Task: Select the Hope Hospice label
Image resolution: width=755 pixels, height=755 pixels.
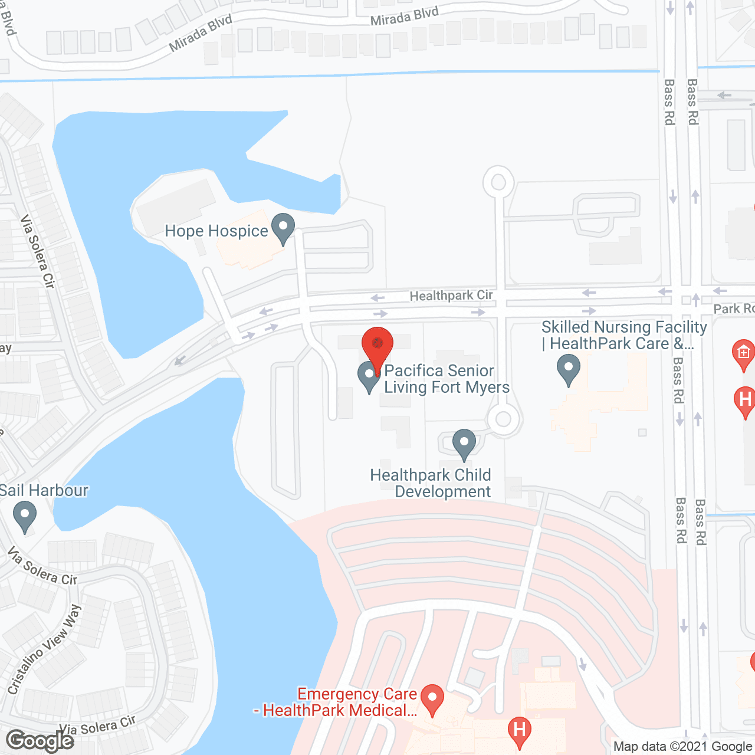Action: tap(216, 231)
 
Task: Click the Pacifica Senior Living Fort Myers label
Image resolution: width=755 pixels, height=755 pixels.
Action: tap(447, 379)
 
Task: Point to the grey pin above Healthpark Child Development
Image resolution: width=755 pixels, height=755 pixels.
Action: tap(464, 444)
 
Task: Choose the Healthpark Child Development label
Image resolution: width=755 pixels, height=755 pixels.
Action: tap(431, 483)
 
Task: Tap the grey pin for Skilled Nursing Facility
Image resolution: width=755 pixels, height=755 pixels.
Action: tap(569, 369)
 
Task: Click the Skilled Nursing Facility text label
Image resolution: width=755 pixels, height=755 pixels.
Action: tap(623, 335)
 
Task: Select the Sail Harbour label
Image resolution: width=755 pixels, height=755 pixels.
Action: tap(44, 491)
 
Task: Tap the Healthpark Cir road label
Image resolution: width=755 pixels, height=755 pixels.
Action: tap(451, 295)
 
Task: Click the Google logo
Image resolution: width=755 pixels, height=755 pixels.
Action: tap(40, 741)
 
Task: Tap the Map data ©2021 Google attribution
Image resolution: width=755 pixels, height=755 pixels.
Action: tap(682, 747)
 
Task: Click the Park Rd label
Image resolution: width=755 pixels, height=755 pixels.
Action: tap(734, 308)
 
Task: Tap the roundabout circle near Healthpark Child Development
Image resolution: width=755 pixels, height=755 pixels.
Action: tap(503, 419)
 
